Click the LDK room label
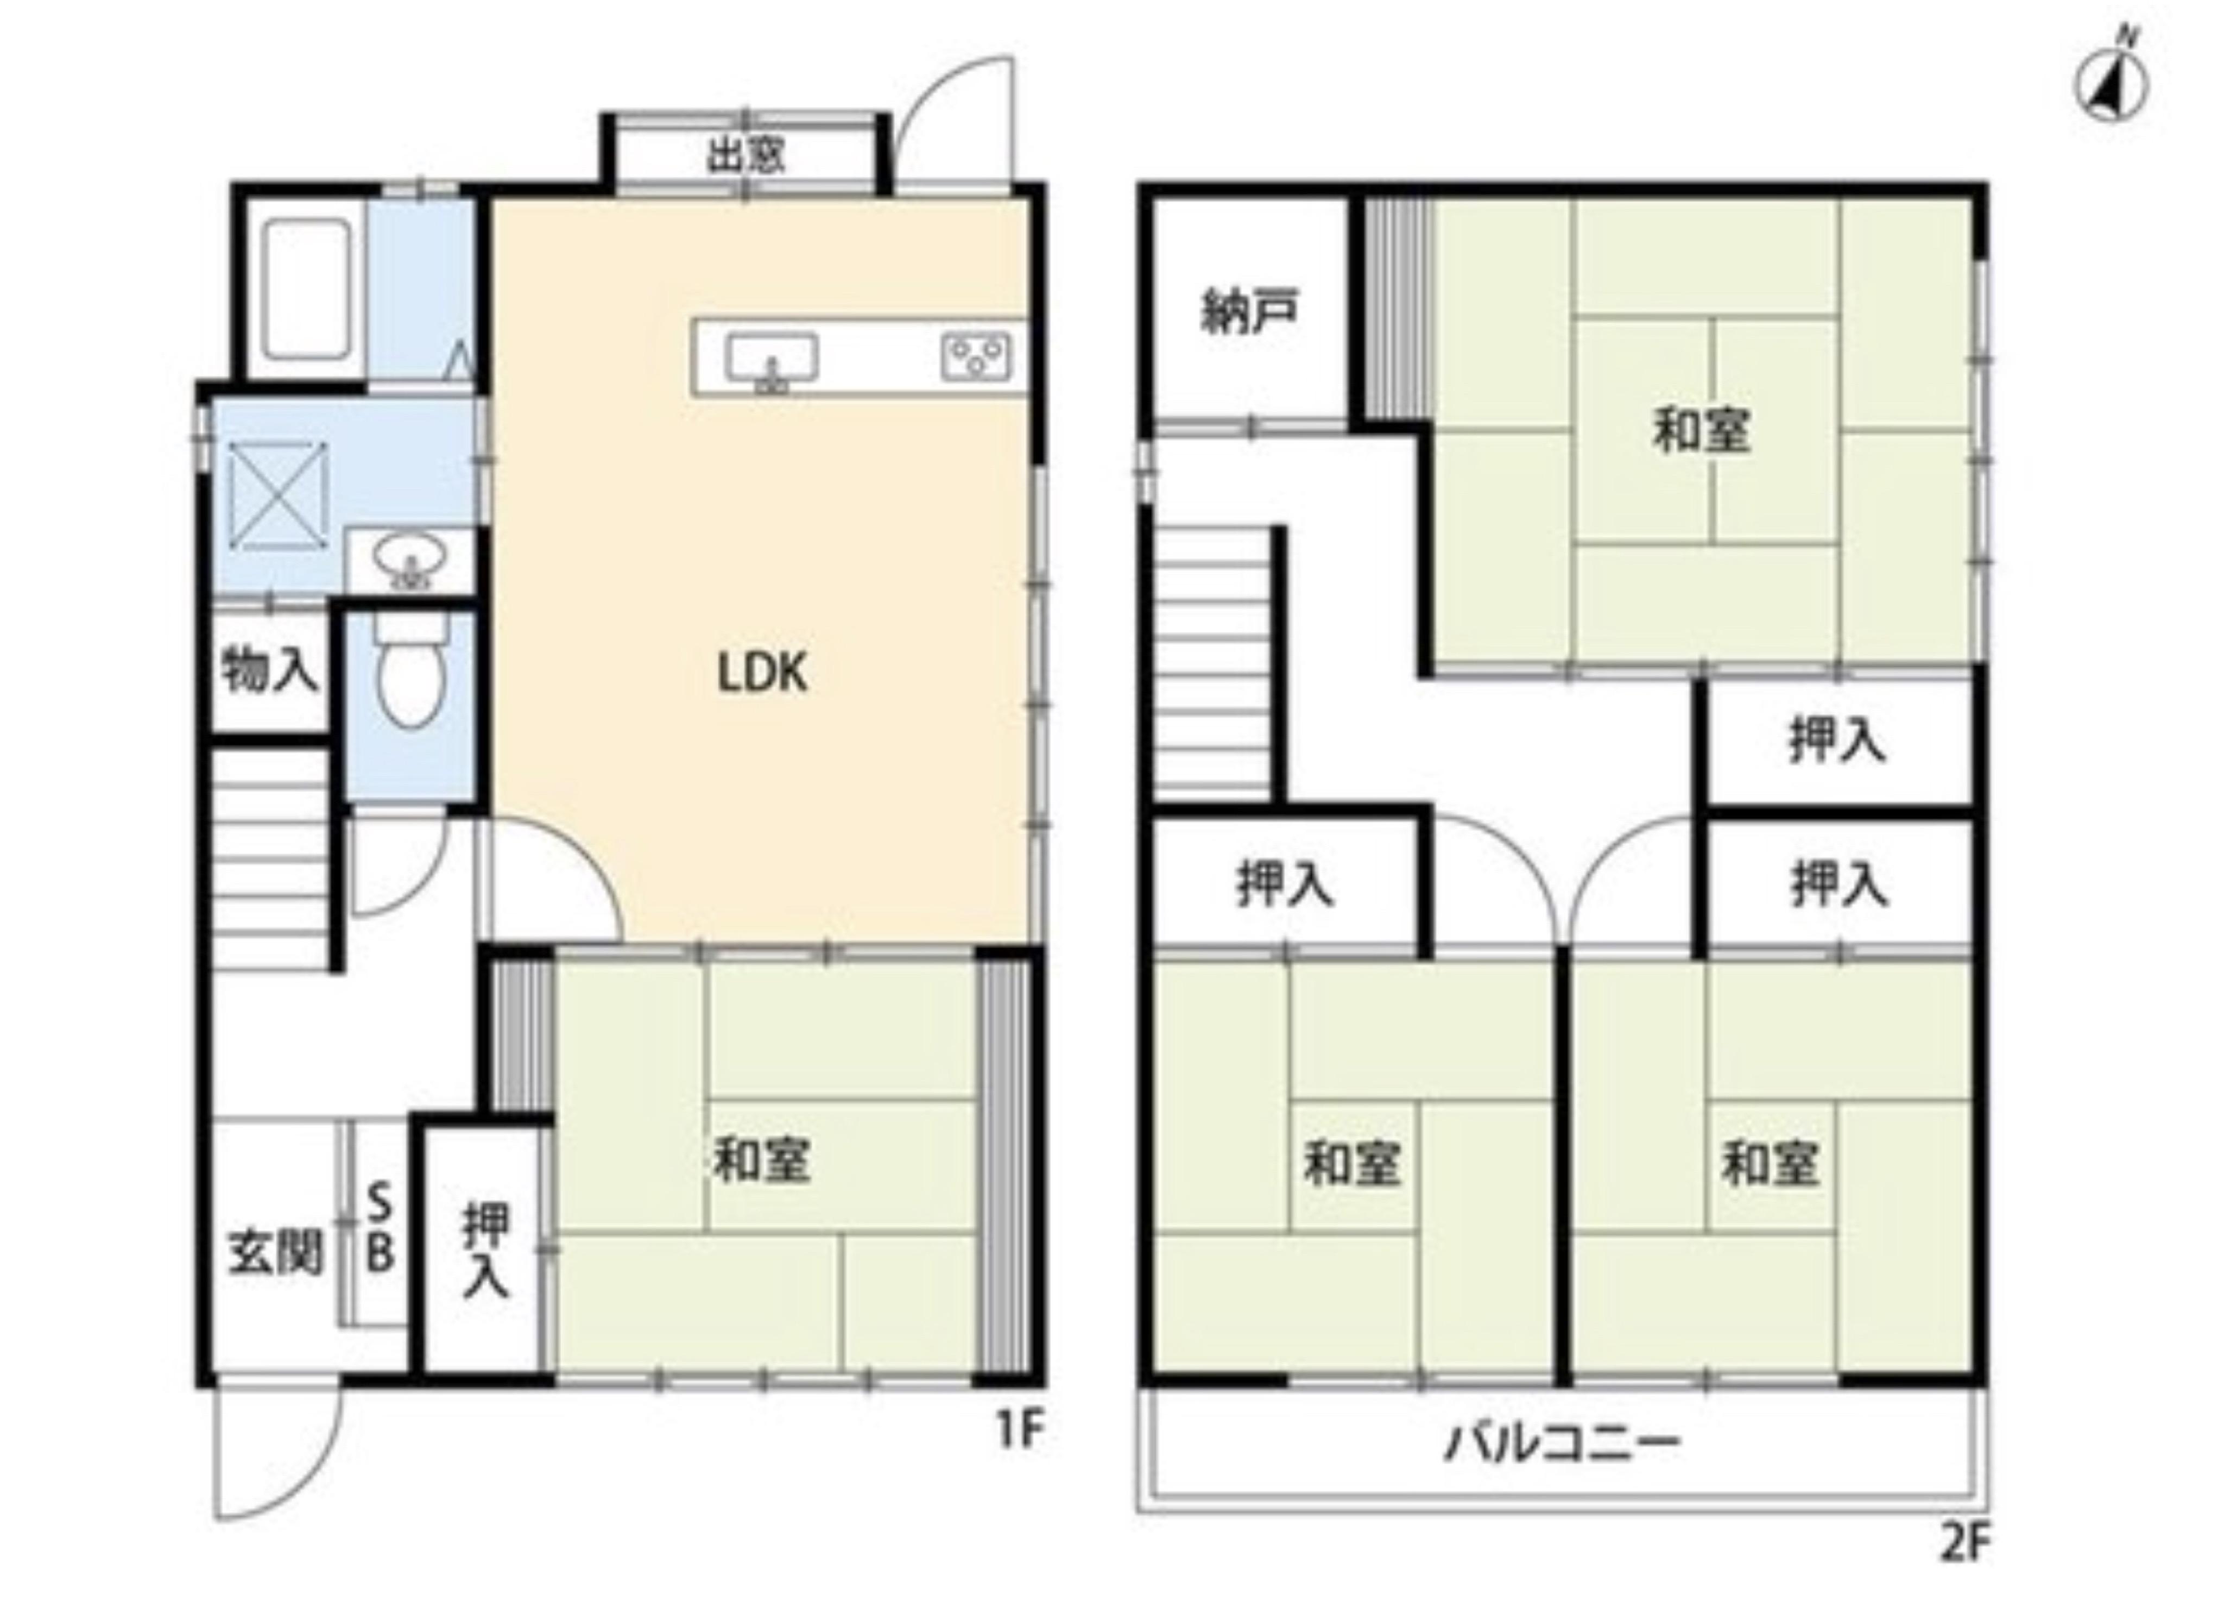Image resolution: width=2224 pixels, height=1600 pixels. (x=763, y=674)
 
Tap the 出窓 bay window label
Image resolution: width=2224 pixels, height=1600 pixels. (x=746, y=155)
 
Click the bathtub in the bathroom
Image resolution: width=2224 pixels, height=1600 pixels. (x=307, y=290)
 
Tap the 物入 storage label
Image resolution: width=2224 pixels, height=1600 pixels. (x=270, y=672)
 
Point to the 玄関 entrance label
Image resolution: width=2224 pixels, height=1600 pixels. (x=276, y=1253)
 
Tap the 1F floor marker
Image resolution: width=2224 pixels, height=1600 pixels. (x=1020, y=1431)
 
